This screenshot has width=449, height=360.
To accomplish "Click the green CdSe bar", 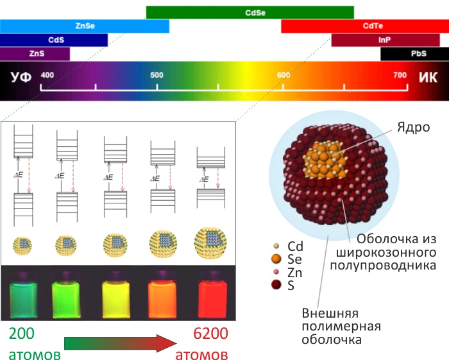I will click(250, 12).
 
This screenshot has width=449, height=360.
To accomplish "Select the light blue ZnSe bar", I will click(84, 26).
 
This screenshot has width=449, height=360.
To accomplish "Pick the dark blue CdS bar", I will click(54, 40).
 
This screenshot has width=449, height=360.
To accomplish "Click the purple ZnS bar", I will click(35, 54).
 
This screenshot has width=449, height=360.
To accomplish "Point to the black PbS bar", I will click(414, 54).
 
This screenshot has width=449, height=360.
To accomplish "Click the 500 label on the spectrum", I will click(157, 75).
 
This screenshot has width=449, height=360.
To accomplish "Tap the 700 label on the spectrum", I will click(400, 75).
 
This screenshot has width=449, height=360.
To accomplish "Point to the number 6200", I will click(211, 333).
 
